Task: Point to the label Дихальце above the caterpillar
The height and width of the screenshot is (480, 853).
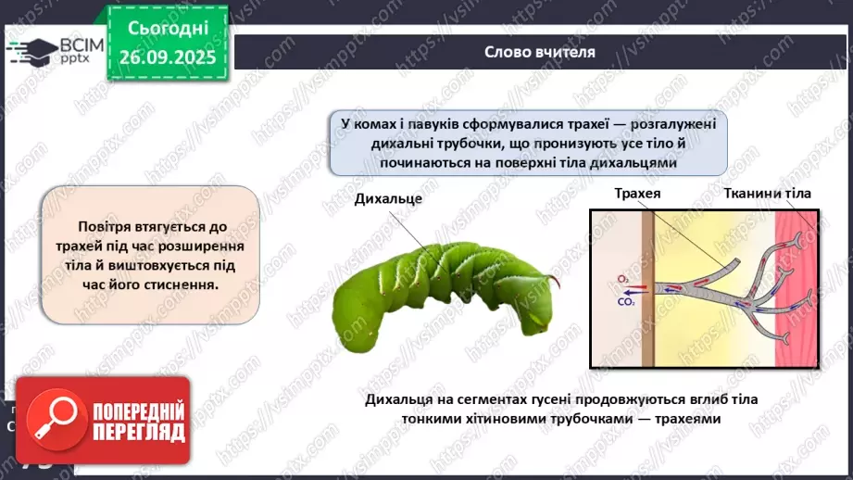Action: (388, 199)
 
